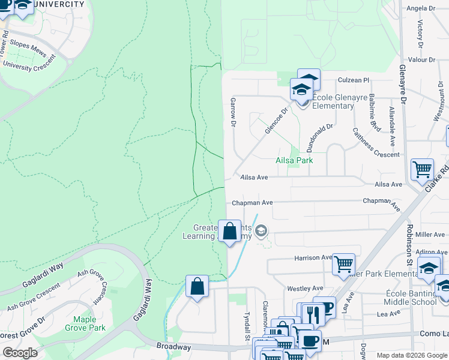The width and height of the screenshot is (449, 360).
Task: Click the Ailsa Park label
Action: coord(294,161)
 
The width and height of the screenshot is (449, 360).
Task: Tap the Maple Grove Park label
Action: coord(89,323)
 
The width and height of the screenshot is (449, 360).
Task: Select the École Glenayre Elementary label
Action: coord(333,101)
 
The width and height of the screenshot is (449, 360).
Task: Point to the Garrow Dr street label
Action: coord(232,113)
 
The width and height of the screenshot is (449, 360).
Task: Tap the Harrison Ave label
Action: coord(313,258)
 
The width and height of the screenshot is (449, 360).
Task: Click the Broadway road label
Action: coord(173,347)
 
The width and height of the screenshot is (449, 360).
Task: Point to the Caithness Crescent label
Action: coord(376,143)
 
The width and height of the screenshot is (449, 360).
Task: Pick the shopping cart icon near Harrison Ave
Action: coord(343,263)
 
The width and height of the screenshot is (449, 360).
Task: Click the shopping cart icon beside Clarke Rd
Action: coord(422,169)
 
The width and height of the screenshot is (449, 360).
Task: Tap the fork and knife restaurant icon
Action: coord(313,314)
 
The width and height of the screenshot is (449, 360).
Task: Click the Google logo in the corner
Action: coord(20,353)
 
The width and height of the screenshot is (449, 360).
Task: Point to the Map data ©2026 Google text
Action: coord(412,355)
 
